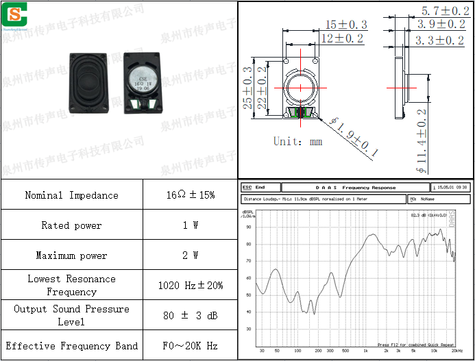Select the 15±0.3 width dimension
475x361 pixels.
(x=346, y=25)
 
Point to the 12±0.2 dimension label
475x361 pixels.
(x=342, y=39)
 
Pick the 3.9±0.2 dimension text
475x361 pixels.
(x=441, y=25)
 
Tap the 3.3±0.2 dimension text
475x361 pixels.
(x=440, y=41)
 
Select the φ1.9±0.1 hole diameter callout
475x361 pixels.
(x=354, y=137)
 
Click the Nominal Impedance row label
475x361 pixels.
(x=71, y=195)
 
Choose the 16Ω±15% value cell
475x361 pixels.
(x=190, y=195)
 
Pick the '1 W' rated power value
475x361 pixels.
(x=190, y=225)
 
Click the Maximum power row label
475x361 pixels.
(x=71, y=256)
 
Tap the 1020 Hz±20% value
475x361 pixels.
(x=190, y=286)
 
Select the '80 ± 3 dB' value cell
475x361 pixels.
(x=190, y=316)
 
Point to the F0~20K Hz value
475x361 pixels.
(x=190, y=346)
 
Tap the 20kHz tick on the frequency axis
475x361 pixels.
(x=456, y=350)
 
